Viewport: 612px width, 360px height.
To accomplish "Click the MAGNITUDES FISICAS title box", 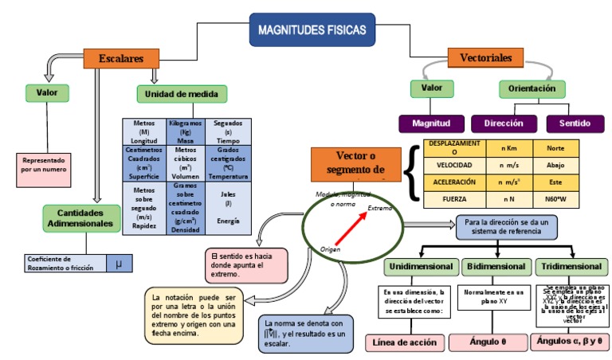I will (x=312, y=30).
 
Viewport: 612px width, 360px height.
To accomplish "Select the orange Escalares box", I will (x=120, y=58).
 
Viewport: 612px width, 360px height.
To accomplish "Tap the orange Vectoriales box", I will (x=485, y=58).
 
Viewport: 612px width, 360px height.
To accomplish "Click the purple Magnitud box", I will (x=431, y=124).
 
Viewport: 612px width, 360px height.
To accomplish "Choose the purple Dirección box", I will (x=503, y=124).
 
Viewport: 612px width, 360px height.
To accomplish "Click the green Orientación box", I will (x=532, y=89).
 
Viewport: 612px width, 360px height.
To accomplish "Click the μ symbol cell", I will (x=119, y=263).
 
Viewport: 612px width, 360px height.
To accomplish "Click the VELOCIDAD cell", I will (x=454, y=165).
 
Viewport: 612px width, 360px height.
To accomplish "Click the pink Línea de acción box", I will (x=406, y=342).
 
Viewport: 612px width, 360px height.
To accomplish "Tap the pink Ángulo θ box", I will (x=487, y=342).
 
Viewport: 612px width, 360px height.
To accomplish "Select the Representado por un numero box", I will (x=45, y=165).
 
